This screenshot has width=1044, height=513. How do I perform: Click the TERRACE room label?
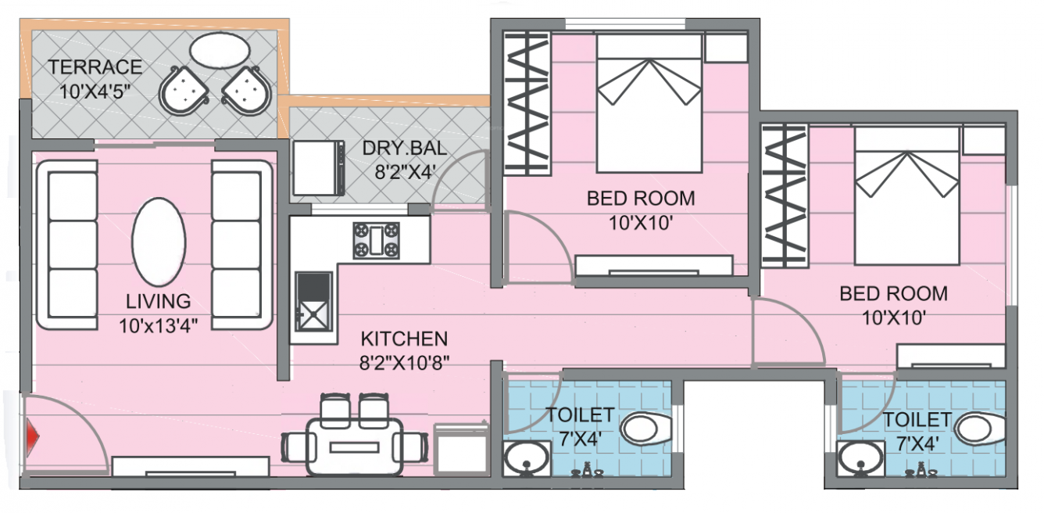tap(95, 67)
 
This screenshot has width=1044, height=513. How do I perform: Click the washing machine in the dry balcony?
tap(318, 167)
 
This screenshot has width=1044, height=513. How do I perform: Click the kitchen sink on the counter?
tap(313, 307)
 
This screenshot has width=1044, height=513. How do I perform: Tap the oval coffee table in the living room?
tap(159, 242)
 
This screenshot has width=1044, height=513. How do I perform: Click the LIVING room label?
tap(159, 301)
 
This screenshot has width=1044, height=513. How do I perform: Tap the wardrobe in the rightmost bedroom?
tap(784, 196)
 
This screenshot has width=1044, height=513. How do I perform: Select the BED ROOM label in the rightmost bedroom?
tap(893, 294)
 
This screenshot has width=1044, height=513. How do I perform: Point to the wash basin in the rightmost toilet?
tap(858, 458)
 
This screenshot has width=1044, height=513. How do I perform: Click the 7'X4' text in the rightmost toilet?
tap(917, 443)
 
